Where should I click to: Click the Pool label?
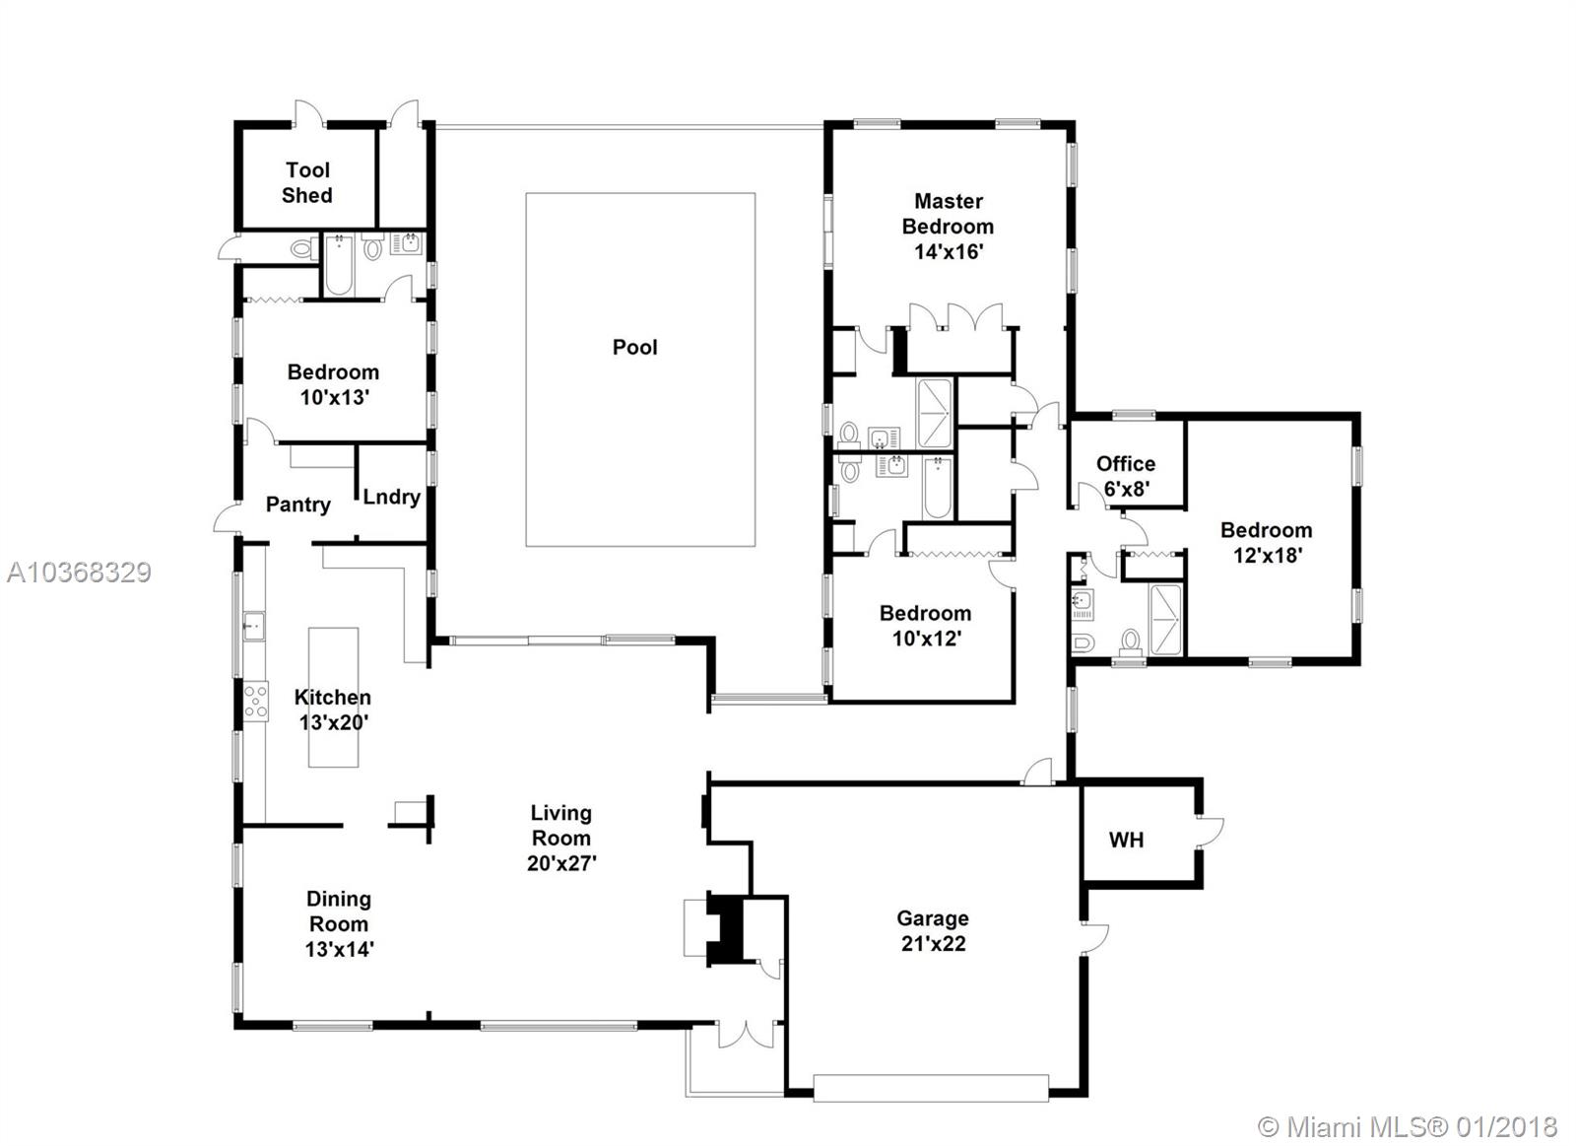click(x=634, y=347)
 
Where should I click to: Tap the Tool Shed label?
click(x=307, y=182)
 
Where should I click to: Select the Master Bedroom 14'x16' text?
click(x=948, y=226)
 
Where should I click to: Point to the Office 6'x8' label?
click(x=1126, y=476)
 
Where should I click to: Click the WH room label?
click(x=1127, y=840)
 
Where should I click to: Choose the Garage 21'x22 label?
click(x=933, y=930)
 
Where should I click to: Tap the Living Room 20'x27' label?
click(x=561, y=838)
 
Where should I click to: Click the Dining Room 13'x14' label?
click(x=339, y=923)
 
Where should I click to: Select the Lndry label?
click(x=391, y=497)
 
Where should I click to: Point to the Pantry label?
click(x=298, y=504)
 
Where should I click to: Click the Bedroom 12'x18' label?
click(x=1267, y=542)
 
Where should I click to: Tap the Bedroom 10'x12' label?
click(x=926, y=625)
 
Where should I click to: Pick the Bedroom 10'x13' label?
click(x=334, y=384)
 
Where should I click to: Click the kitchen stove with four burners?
click(x=255, y=701)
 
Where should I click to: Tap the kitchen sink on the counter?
click(x=253, y=626)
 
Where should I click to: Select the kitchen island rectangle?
click(x=334, y=697)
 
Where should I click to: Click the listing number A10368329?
click(x=79, y=573)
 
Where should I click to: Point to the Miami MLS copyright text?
click(x=1408, y=1127)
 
